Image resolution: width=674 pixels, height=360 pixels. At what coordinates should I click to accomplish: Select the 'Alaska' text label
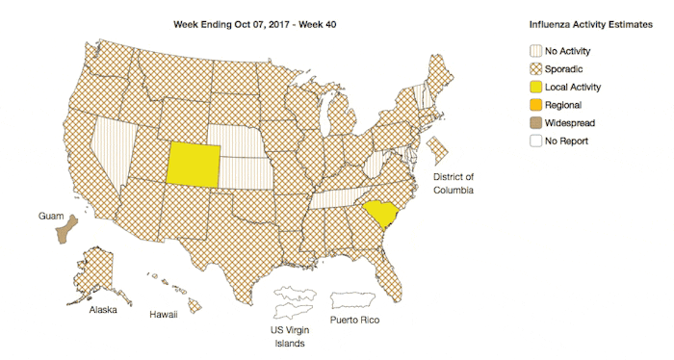coord(104,311)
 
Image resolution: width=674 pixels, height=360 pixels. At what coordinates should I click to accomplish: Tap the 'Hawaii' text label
coord(163,314)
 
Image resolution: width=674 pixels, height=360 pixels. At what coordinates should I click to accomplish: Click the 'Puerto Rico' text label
coord(355,319)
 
